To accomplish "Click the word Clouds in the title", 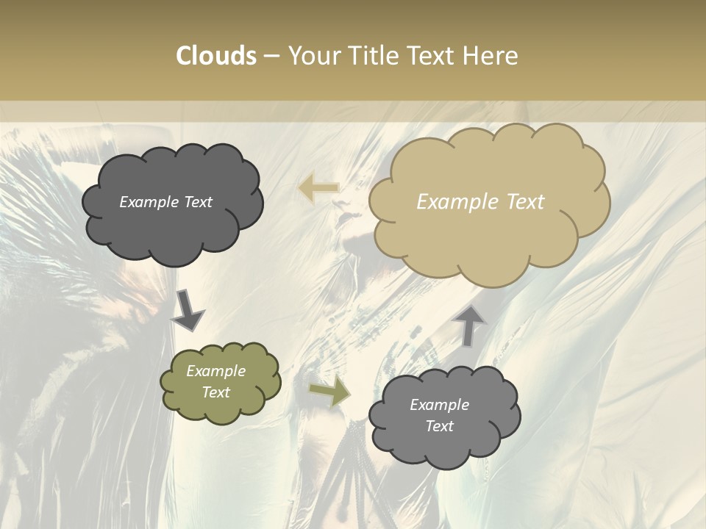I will pyautogui.click(x=216, y=56).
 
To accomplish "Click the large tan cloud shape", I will pyautogui.click(x=489, y=242).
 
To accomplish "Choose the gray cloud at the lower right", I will pyautogui.click(x=445, y=448).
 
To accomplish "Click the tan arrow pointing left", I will pyautogui.click(x=318, y=188).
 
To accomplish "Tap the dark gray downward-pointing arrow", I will pyautogui.click(x=188, y=311).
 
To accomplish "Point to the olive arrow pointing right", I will pyautogui.click(x=329, y=392).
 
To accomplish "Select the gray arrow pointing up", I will pyautogui.click(x=470, y=324).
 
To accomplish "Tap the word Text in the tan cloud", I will pyautogui.click(x=526, y=202).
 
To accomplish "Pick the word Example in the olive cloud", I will pyautogui.click(x=216, y=371).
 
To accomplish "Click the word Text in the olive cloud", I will pyautogui.click(x=216, y=392).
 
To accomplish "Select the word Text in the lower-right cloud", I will pyautogui.click(x=440, y=426).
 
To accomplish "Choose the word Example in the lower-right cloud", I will pyautogui.click(x=440, y=405).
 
